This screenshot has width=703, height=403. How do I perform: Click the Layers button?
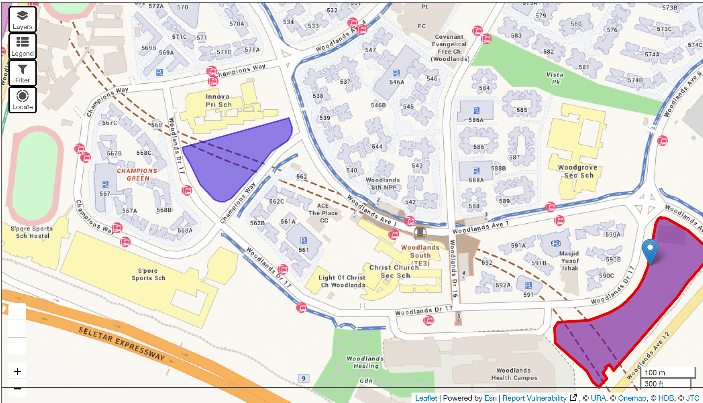click(x=22, y=20)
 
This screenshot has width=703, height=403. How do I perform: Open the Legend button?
click(x=22, y=46)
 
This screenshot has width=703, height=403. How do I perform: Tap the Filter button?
click(x=22, y=73)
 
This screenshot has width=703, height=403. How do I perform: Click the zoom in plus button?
click(x=17, y=372)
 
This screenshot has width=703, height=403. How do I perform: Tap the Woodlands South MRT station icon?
click(x=420, y=233)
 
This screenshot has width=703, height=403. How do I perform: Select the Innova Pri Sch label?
click(x=218, y=101)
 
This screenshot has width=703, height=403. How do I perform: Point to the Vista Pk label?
click(x=555, y=78)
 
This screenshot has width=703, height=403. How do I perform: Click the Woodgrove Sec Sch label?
click(x=578, y=171)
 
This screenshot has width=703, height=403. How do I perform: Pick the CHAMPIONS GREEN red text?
click(x=137, y=174)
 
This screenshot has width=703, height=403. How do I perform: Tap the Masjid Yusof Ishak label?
click(x=569, y=261)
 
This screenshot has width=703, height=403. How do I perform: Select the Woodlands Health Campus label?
click(x=514, y=374)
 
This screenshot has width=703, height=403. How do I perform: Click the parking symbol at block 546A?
click(x=396, y=73)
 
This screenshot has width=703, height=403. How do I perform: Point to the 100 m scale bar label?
click(x=655, y=373)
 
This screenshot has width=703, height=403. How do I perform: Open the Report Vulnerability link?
click(x=534, y=398)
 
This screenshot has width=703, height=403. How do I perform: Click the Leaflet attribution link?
click(x=426, y=398)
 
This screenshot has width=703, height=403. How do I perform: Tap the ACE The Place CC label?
click(x=323, y=213)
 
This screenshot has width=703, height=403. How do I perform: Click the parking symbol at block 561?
click(x=304, y=241)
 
